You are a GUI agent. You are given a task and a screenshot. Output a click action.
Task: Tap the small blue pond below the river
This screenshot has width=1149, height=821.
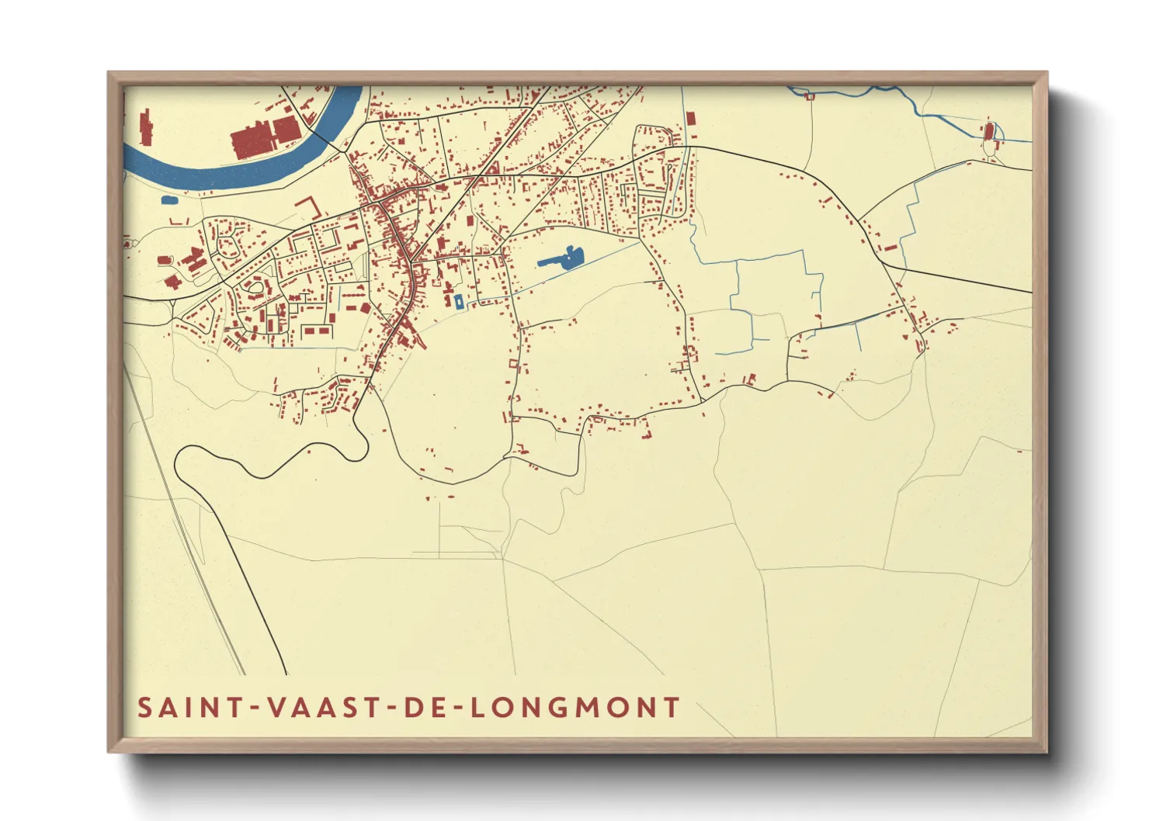[169, 200]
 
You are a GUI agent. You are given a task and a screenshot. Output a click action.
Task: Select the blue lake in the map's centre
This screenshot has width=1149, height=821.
[562, 259]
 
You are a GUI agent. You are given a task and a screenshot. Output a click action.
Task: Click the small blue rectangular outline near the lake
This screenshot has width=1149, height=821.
[459, 302]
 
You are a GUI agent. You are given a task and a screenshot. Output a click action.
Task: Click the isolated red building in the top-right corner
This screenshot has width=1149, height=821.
[988, 132]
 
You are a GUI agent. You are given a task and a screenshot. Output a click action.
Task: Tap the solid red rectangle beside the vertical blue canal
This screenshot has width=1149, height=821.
[690, 119]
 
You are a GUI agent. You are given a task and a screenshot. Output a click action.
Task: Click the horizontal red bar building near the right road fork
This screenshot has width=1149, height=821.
[890, 248]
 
